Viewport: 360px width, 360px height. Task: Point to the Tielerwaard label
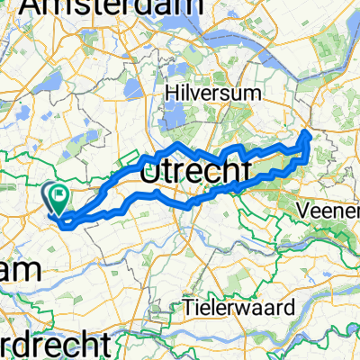240,307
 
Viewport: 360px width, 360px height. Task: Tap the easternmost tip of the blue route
310,134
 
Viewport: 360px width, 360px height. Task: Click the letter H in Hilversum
171,92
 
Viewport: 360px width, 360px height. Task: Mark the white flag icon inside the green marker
61,192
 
